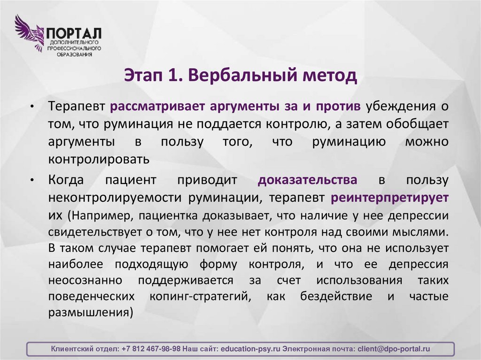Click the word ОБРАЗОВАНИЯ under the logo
coord(74,54)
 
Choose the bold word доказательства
coord(307,180)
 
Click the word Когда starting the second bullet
coord(67,180)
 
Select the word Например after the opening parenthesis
coord(99,215)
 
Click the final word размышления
coord(88,313)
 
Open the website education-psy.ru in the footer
coord(250,349)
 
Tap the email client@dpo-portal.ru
coord(394,349)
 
